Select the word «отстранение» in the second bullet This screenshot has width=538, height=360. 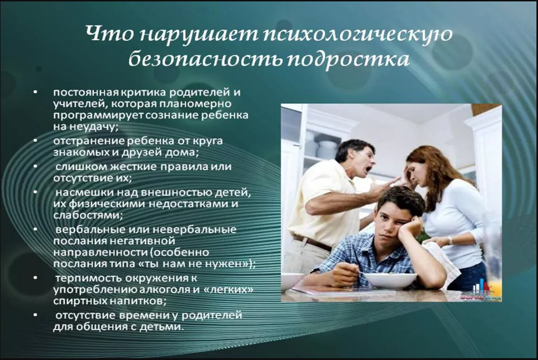point(89,141)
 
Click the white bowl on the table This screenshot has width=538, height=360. point(391,280)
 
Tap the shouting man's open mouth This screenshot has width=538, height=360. point(368,170)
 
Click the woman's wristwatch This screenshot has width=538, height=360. point(450,240)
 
